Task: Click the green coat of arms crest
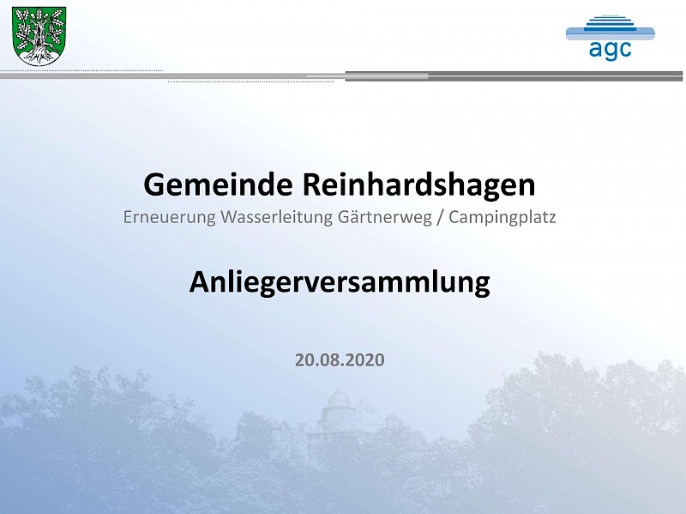tap(39, 36)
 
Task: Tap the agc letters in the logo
tap(610, 50)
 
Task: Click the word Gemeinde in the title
tap(218, 184)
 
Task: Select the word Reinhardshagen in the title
tap(418, 185)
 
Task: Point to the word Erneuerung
tap(169, 217)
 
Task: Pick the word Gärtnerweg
tap(385, 217)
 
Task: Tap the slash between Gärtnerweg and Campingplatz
tap(441, 217)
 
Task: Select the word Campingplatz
tap(502, 217)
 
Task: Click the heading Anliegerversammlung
tap(340, 282)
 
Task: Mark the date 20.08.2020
tap(340, 360)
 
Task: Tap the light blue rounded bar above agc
tap(611, 34)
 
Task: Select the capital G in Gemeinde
tap(153, 184)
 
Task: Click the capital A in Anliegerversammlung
tap(200, 281)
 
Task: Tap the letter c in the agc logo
tap(625, 49)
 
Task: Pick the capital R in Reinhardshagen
tap(311, 184)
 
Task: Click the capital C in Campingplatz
tap(454, 217)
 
